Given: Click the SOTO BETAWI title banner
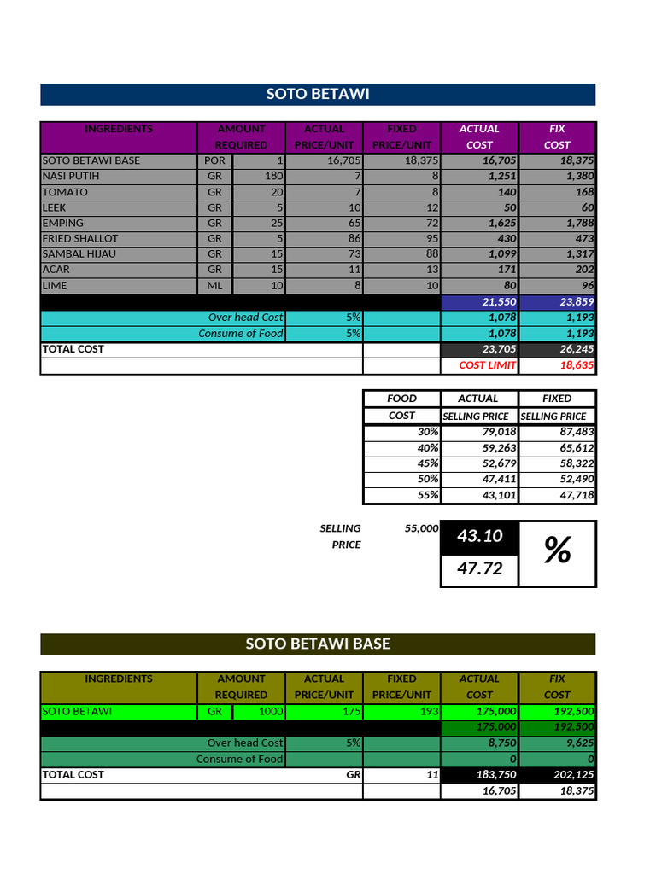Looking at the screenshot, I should coord(318,94).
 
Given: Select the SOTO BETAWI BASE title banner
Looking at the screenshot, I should coord(318,644).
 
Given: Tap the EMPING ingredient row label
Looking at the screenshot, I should coord(63,223).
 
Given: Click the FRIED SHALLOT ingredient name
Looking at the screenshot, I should coord(80,238).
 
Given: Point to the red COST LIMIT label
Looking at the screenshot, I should coord(487,365).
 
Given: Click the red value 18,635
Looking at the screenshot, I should coord(577,365).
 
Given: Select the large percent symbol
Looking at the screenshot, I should coord(557,552).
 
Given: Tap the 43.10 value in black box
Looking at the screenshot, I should coord(480,536).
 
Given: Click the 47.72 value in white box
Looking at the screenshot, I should coord(480,568).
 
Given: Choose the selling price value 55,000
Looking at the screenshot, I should coord(421,528).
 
